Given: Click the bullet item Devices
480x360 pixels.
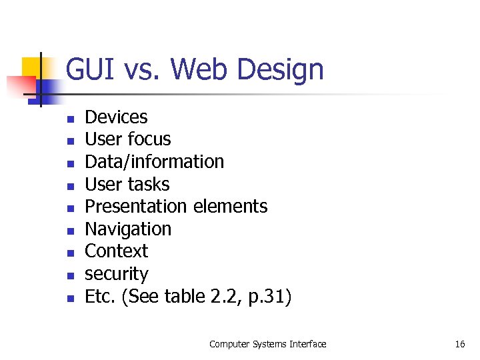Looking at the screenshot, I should (x=116, y=117).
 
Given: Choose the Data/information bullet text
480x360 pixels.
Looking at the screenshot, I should (x=154, y=162).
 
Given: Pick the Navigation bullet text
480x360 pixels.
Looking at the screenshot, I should (x=128, y=229).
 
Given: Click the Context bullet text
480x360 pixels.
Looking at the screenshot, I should (x=116, y=251).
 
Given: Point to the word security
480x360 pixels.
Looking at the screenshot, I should (x=116, y=274).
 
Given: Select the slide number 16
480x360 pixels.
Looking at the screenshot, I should (x=459, y=344).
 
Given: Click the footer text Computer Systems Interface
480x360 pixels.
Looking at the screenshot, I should (x=267, y=344).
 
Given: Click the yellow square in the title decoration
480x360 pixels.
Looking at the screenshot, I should (x=33, y=68).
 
